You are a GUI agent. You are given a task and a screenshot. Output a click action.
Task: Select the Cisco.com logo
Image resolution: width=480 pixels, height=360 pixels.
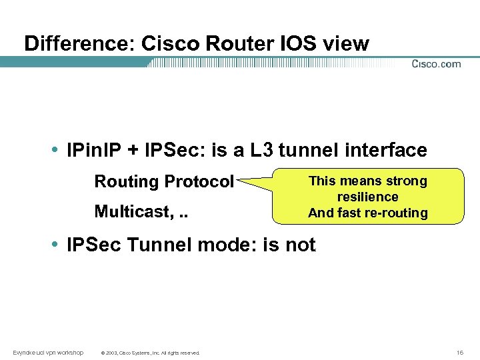coord(436,64)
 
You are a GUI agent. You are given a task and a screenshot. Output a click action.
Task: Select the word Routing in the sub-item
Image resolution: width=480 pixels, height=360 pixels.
coord(127,182)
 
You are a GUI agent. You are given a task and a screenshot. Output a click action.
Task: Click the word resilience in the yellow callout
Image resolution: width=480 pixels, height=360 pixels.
coord(367,197)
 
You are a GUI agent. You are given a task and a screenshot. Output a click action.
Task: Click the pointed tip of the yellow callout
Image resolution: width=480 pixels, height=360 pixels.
coord(238,179)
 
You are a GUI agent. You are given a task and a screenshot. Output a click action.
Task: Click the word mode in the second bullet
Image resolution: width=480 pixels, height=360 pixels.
coord(225,245)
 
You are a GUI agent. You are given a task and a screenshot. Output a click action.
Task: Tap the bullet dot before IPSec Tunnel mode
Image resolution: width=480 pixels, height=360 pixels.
coord(58,245)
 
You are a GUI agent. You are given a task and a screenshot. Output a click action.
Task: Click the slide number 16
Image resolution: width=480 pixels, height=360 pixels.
coord(459,351)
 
